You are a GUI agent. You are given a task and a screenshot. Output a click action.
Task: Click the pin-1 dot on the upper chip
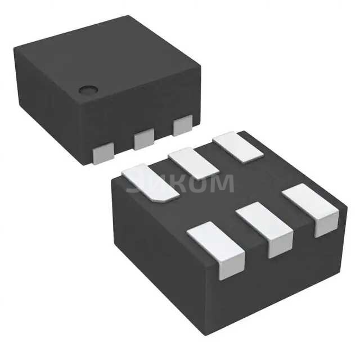coord(88,89)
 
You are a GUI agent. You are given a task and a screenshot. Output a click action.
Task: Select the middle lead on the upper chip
coord(144,138)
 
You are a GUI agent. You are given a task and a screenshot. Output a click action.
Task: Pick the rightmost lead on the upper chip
coord(182,125)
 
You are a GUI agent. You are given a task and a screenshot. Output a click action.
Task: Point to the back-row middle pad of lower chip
coord(193,163)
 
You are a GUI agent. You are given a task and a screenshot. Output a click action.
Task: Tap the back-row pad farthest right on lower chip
coord(238,147)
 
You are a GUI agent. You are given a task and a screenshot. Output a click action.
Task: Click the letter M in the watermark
coord(220,184)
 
